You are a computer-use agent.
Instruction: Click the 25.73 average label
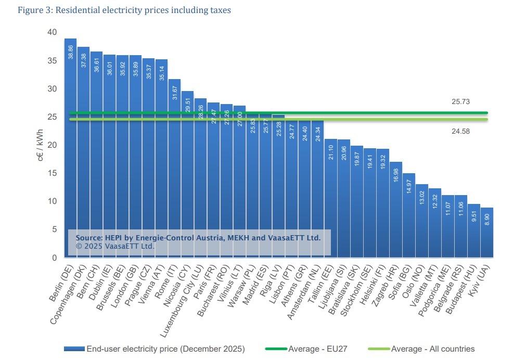[x=460, y=102]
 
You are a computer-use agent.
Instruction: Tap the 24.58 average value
[x=460, y=132]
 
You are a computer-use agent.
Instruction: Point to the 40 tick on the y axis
[x=52, y=32]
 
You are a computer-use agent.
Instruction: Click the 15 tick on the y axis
[x=52, y=173]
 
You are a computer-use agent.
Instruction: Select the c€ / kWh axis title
[x=40, y=145]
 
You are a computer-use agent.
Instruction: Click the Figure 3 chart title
[x=117, y=10]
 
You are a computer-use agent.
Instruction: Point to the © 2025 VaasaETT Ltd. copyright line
[x=116, y=246]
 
